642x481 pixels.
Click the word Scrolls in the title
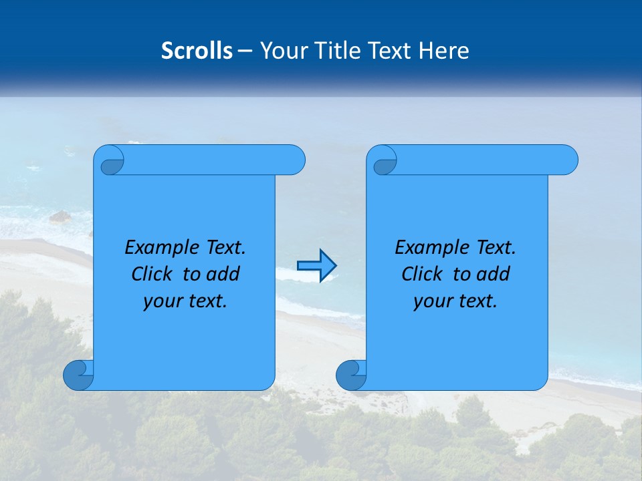pos(197,51)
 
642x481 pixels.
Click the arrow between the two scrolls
pos(316,265)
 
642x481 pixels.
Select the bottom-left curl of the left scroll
pos(78,375)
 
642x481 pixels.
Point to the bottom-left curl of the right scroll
pos(351,375)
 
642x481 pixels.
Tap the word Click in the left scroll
pos(153,274)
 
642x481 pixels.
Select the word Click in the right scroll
pos(423,274)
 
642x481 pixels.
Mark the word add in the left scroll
pos(223,274)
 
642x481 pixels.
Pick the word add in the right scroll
pos(493,274)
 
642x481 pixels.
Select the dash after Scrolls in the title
pos(245,51)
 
